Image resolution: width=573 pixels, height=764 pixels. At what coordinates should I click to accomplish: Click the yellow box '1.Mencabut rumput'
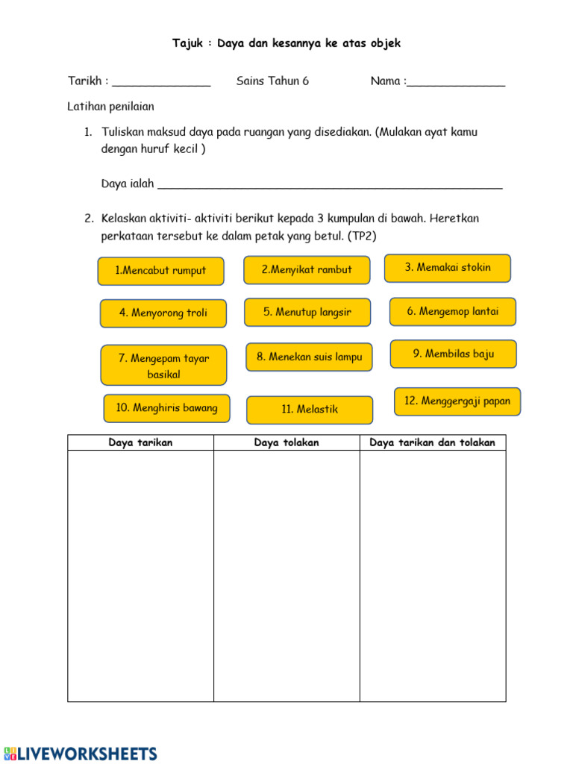(x=160, y=271)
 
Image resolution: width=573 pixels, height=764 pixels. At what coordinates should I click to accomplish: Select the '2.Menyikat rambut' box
(x=307, y=270)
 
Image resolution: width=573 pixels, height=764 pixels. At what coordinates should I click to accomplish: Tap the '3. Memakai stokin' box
(x=448, y=268)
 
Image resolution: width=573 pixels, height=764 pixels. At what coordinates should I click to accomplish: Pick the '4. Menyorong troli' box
(x=163, y=313)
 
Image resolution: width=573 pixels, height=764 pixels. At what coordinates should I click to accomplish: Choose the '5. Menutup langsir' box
(x=307, y=313)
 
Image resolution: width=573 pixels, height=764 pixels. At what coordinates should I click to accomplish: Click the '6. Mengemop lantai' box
(x=453, y=312)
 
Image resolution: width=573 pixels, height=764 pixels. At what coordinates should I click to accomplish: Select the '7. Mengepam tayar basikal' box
(x=163, y=365)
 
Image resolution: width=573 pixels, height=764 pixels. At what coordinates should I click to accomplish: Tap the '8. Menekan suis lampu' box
(x=309, y=357)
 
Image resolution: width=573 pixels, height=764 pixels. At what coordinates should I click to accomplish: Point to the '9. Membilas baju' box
(x=454, y=354)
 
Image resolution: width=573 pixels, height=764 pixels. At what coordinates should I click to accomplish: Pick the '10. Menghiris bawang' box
(x=166, y=408)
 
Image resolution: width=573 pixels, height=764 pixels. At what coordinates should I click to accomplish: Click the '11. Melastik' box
(x=310, y=410)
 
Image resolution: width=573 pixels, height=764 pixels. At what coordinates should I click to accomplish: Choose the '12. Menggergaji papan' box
(x=457, y=401)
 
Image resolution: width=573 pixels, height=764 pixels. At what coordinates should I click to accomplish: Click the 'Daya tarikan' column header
(x=140, y=443)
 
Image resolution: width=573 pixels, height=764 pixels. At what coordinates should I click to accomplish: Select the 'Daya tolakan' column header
(x=286, y=443)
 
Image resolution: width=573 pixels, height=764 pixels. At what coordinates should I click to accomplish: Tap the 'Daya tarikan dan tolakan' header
(x=433, y=443)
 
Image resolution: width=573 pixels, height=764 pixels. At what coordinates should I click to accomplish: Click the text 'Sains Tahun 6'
(x=272, y=81)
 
